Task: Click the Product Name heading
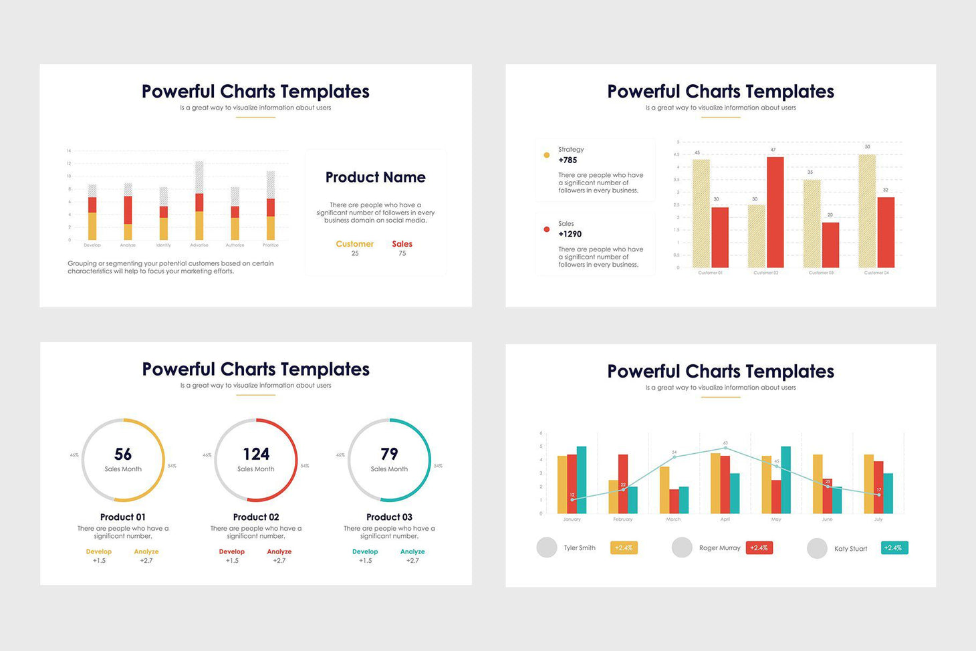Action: click(375, 177)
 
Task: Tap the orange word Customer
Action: click(354, 244)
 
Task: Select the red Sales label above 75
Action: click(402, 244)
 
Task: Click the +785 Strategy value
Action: click(568, 160)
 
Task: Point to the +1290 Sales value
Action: click(570, 235)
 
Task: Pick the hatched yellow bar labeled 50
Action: click(866, 211)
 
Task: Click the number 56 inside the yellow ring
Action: click(123, 454)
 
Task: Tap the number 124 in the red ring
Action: click(256, 454)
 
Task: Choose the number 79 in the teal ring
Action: click(389, 454)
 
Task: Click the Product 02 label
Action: click(256, 517)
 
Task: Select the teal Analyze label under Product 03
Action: click(412, 552)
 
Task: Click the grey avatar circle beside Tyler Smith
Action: click(547, 547)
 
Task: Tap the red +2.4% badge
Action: click(759, 548)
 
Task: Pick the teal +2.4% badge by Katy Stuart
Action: click(894, 548)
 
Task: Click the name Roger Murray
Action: click(719, 548)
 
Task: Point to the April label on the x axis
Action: click(725, 519)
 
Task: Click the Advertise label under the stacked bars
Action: click(199, 245)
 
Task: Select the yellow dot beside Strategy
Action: click(547, 155)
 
